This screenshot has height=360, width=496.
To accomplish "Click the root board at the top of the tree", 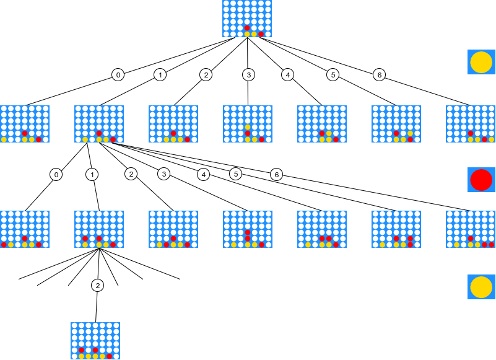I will coord(248,19).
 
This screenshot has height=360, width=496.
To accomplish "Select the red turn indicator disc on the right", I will coord(481,180).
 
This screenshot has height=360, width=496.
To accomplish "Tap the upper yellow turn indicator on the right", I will coord(481,63).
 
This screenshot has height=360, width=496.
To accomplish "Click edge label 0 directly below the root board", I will coord(118,75).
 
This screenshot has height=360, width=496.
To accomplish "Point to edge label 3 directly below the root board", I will coord(248,75).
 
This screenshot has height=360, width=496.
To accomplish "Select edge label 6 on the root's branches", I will coord(379,75).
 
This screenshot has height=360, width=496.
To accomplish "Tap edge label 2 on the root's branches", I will coord(205,75).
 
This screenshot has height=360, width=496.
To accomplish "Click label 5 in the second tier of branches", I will coord(235,173).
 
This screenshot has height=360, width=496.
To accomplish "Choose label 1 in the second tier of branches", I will coord(92,174).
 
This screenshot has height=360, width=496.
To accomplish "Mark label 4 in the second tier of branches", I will coord(203,174).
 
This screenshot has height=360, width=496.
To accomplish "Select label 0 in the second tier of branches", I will coord(56,174).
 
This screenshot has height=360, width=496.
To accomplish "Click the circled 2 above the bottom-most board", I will coord(97,285).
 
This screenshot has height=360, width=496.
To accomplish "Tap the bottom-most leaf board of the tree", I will coord(95,341).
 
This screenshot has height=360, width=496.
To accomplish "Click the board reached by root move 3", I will coord(248,124).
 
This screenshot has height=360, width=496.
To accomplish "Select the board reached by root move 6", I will coord(471,124).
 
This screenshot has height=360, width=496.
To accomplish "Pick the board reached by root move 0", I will coord(25,124).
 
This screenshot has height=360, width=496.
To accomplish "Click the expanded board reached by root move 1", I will coord(99,124).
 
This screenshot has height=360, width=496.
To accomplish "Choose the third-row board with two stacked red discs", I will coord(248,229).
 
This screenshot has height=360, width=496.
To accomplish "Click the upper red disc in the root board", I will coord(248,28).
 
